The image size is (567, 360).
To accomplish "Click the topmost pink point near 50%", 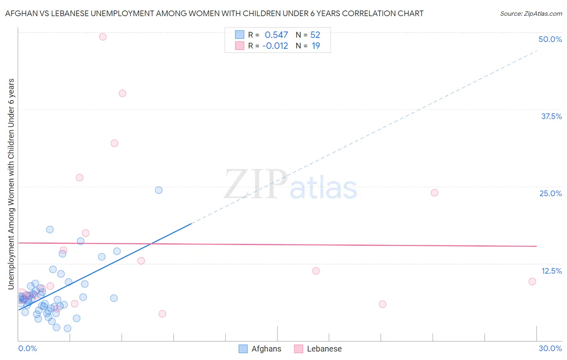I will (103, 37).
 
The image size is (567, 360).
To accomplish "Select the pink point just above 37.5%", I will (123, 93).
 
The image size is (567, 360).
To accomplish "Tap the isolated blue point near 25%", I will (159, 190).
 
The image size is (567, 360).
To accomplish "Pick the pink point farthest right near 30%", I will (532, 281).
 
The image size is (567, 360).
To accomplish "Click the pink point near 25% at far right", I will (434, 193).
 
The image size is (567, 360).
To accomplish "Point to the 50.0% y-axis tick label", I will (550, 39).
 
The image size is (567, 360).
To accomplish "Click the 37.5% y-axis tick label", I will (551, 116).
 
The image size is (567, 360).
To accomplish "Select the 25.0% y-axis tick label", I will (550, 193).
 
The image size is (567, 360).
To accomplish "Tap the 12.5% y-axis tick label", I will (551, 271).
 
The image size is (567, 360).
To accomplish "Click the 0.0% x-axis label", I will (27, 348).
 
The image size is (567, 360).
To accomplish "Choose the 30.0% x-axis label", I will (550, 348).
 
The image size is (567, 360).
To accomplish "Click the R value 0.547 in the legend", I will (276, 35).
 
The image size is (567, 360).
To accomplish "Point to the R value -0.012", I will (275, 46).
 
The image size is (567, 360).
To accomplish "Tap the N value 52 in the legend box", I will (315, 35).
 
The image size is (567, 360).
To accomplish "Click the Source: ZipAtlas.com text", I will (531, 13).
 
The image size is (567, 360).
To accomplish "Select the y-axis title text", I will (11, 184).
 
